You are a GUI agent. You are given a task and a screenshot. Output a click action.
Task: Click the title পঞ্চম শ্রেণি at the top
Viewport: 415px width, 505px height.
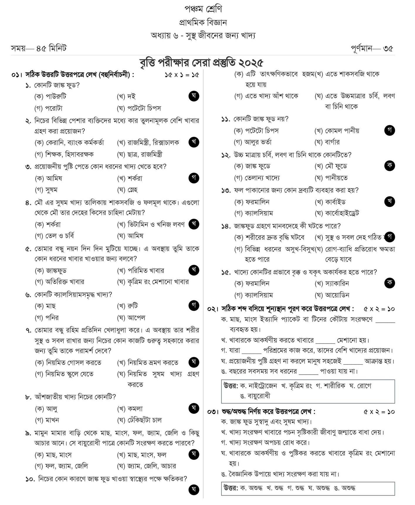203,9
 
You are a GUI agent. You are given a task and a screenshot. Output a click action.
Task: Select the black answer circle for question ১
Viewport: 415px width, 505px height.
194,96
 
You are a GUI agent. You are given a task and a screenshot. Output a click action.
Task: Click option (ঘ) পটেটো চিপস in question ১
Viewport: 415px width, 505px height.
139,108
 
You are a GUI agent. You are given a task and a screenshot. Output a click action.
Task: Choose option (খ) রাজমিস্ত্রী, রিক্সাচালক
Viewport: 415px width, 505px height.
148,143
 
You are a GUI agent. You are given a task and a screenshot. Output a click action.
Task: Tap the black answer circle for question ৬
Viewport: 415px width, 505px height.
194,305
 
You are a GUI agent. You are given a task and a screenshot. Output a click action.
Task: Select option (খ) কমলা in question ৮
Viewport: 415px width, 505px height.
130,409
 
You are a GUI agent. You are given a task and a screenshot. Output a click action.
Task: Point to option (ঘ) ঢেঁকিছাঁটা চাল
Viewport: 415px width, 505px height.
140,420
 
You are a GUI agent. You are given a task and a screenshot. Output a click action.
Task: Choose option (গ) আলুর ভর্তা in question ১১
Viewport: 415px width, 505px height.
253,142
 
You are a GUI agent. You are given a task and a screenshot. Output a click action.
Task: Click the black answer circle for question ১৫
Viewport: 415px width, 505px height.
389,283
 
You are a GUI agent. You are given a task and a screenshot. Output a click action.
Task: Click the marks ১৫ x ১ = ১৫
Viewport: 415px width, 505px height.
182,75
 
